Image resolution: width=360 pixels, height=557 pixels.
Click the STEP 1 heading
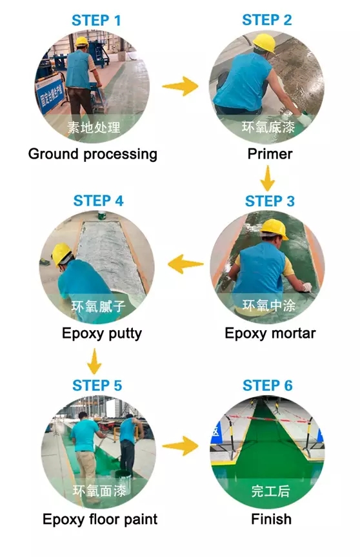click(96, 20)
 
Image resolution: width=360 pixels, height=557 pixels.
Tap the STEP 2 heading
click(267, 20)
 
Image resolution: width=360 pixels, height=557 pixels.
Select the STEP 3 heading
click(270, 201)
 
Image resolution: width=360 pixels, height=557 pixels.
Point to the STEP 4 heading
click(99, 200)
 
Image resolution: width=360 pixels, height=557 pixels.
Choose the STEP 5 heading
click(97, 386)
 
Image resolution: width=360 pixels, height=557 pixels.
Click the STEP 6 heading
click(268, 386)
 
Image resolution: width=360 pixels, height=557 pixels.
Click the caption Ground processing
click(93, 154)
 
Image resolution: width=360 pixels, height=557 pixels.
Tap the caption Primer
click(270, 154)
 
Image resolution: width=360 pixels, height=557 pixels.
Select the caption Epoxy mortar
click(270, 333)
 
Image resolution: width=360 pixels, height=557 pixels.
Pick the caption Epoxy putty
click(102, 333)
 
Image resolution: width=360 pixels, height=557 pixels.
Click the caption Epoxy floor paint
click(100, 520)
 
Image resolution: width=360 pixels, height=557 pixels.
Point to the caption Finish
click(271, 519)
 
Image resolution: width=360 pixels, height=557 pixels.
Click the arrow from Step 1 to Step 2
click(180, 86)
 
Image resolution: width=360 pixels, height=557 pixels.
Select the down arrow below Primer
click(268, 179)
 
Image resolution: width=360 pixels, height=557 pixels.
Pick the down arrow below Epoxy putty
click(94, 361)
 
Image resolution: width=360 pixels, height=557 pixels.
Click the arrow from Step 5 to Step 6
click(180, 446)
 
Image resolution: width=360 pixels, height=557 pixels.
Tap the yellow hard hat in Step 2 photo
click(265, 43)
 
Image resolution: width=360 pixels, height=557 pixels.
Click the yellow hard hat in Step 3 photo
click(274, 228)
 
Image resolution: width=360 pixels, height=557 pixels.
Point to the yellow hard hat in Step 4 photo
click(61, 253)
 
